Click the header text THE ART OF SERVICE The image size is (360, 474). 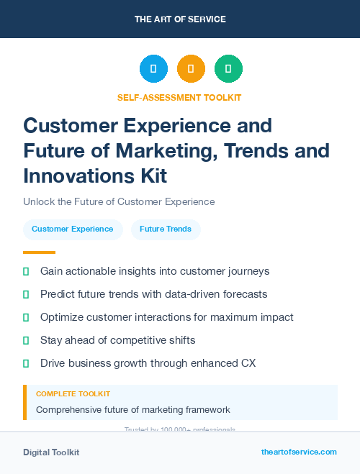(x=180, y=19)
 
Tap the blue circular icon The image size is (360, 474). (x=153, y=69)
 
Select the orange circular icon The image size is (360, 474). (x=191, y=69)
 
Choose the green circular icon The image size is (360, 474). (x=228, y=69)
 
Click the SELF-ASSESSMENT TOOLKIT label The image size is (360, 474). (x=179, y=97)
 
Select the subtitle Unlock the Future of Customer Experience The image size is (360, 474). (x=119, y=202)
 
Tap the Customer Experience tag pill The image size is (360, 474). (x=72, y=229)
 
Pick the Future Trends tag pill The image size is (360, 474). (x=166, y=229)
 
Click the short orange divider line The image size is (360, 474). (x=39, y=252)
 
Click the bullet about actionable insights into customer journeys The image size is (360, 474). (x=155, y=271)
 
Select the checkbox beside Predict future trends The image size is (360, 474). (x=27, y=294)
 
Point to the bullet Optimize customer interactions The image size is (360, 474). (x=166, y=317)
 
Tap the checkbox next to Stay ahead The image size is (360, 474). (x=27, y=340)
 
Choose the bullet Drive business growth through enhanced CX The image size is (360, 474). (x=148, y=363)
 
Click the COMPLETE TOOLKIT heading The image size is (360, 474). (x=73, y=394)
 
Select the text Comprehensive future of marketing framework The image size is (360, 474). (x=133, y=410)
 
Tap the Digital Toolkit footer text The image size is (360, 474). (x=51, y=452)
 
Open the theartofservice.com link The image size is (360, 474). (x=299, y=452)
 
